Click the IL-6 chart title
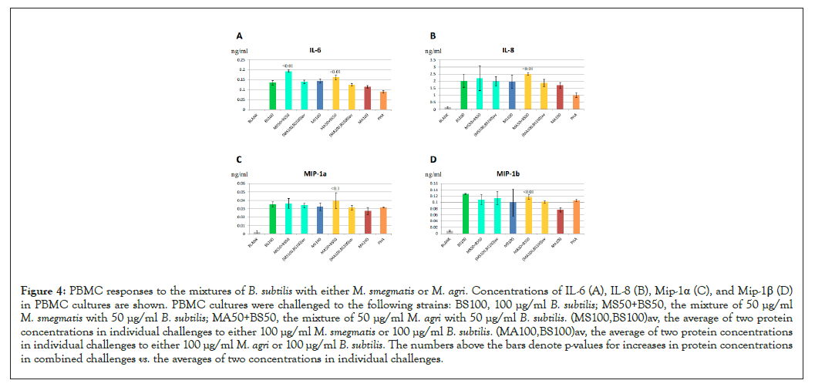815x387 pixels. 315,50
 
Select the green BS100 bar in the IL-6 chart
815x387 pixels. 272,96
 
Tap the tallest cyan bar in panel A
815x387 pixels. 288,90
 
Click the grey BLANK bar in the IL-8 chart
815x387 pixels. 447,108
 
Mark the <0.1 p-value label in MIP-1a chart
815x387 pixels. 335,189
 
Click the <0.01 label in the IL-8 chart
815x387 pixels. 527,69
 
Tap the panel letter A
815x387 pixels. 239,36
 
